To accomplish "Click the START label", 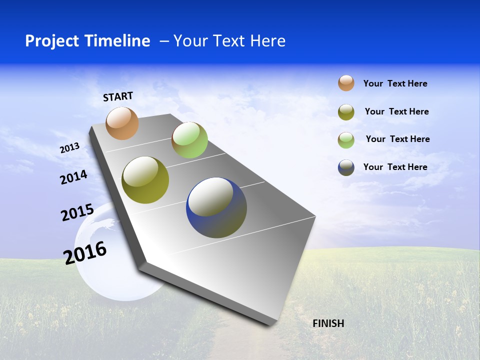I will click(x=118, y=96).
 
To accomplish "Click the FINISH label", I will click(x=328, y=323).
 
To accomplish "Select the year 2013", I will click(x=69, y=147).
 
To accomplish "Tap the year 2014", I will click(x=73, y=177).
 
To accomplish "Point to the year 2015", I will click(x=77, y=212).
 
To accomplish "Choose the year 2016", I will click(x=85, y=253).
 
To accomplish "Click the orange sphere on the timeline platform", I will click(x=122, y=123).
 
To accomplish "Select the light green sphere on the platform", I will click(x=189, y=140).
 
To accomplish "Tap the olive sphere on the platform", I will click(x=145, y=180).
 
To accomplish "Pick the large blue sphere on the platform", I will click(x=216, y=207).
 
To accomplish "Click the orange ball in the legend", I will click(x=346, y=83).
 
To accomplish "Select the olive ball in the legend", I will click(x=346, y=112).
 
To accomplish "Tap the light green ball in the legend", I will click(x=346, y=140).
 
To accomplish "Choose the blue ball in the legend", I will click(x=346, y=167).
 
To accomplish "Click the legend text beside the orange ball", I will click(x=395, y=83).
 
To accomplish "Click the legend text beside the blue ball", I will click(x=395, y=167).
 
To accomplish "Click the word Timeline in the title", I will click(x=120, y=41).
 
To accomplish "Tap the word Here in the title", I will click(x=267, y=41).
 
